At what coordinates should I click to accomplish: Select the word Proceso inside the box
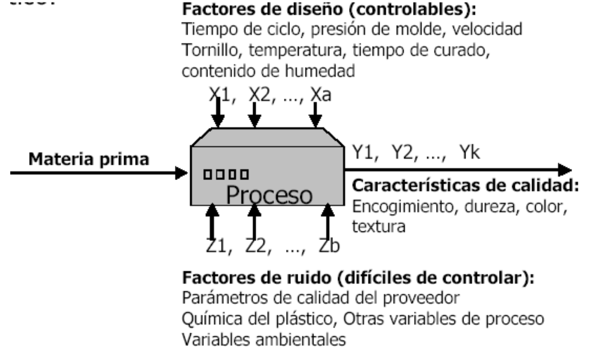click(269, 194)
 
